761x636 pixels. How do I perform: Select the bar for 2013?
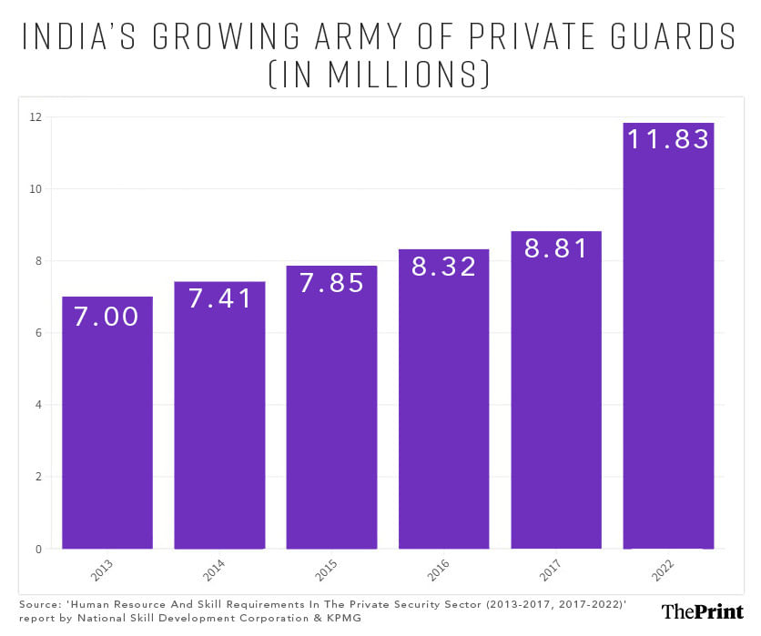pos(107,423)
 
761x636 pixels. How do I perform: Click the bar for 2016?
pos(443,400)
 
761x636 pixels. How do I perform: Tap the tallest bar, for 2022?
pos(668,337)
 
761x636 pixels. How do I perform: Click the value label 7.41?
pos(219,298)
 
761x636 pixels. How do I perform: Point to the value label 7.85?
pos(331,283)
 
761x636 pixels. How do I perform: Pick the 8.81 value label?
pos(556,248)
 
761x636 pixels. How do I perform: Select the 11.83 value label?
pos(668,139)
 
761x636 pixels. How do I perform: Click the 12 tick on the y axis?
pos(36,116)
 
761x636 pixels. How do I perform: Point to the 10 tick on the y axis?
pos(36,189)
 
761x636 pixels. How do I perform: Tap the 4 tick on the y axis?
pos(37,405)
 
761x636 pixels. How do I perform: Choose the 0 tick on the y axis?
pos(37,549)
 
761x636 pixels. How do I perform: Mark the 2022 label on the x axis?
pos(664,570)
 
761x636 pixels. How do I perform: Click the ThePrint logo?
pos(702,611)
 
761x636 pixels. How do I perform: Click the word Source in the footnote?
pos(39,604)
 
